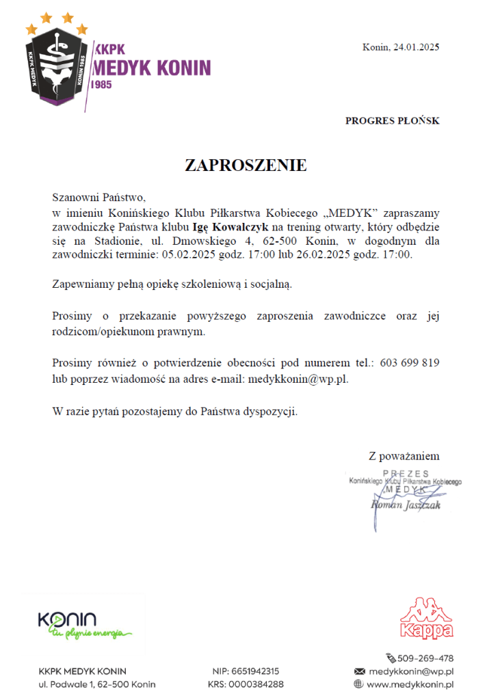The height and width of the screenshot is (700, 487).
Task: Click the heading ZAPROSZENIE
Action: (x=246, y=165)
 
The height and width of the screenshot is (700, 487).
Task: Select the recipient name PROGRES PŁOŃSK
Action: (x=392, y=121)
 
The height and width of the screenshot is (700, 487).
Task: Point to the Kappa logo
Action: (x=426, y=619)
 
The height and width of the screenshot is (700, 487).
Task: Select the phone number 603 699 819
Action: (x=410, y=362)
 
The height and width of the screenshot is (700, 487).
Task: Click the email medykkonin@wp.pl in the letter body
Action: (x=298, y=378)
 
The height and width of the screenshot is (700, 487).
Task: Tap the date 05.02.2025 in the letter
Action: (x=186, y=255)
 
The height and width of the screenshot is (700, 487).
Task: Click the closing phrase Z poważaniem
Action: (x=404, y=456)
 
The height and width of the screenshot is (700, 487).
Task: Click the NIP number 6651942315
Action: (x=256, y=671)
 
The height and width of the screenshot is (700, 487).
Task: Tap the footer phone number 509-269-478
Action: (x=425, y=658)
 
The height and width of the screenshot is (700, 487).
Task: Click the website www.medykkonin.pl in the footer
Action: (x=411, y=684)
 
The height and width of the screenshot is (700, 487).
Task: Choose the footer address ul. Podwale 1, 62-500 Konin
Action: (x=97, y=684)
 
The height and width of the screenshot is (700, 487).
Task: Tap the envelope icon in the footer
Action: (x=358, y=671)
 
